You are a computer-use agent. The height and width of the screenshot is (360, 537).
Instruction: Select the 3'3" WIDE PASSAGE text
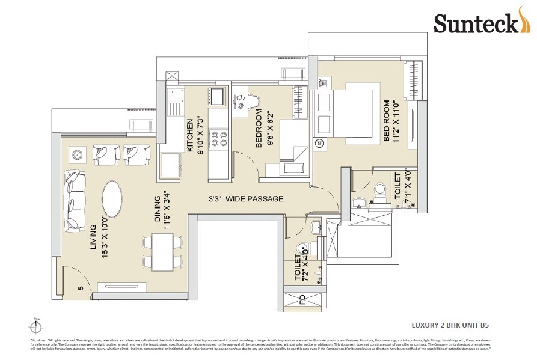246,199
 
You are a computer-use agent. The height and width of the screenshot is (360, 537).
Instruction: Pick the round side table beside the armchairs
77,155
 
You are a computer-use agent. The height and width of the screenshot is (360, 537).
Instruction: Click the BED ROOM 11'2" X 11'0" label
391,121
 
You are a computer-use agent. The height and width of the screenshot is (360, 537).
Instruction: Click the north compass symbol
36,327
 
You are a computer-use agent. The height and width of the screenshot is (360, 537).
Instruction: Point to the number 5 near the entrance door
79,288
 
